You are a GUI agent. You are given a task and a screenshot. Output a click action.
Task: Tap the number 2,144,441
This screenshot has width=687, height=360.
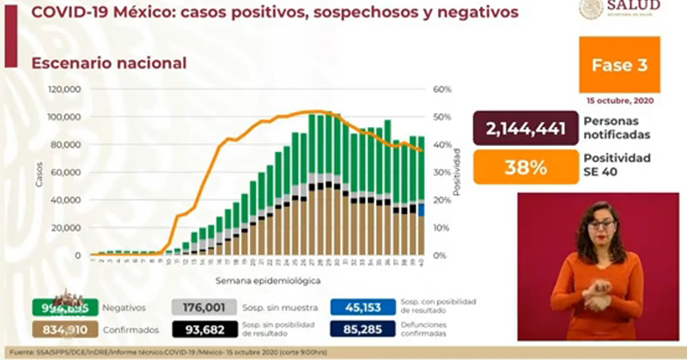point(526,130)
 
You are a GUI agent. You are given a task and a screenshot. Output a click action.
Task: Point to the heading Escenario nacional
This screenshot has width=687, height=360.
point(109,63)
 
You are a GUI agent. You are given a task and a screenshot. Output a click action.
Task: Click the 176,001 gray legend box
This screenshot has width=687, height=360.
point(204,308)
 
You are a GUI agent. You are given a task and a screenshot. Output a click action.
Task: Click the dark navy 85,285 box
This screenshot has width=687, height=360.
point(362,326)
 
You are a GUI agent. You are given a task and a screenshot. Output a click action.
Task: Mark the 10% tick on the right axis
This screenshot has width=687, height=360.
point(442,228)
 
